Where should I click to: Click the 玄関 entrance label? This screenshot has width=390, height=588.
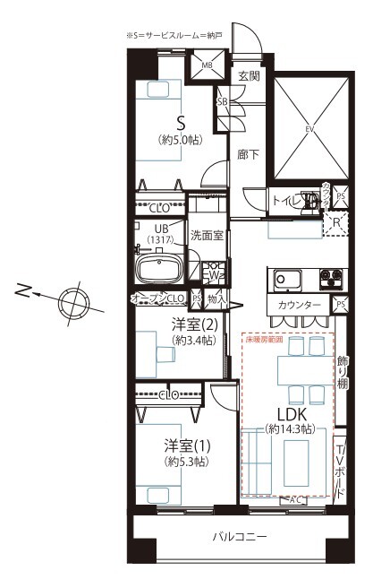(249, 76)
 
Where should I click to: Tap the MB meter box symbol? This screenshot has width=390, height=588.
(207, 66)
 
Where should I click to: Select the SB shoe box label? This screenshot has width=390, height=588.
(222, 101)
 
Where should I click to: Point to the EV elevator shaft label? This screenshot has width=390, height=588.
(310, 129)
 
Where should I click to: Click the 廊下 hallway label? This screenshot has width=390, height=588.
(248, 154)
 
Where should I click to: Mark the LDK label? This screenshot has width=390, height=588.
(292, 415)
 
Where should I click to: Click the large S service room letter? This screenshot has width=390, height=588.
(181, 123)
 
